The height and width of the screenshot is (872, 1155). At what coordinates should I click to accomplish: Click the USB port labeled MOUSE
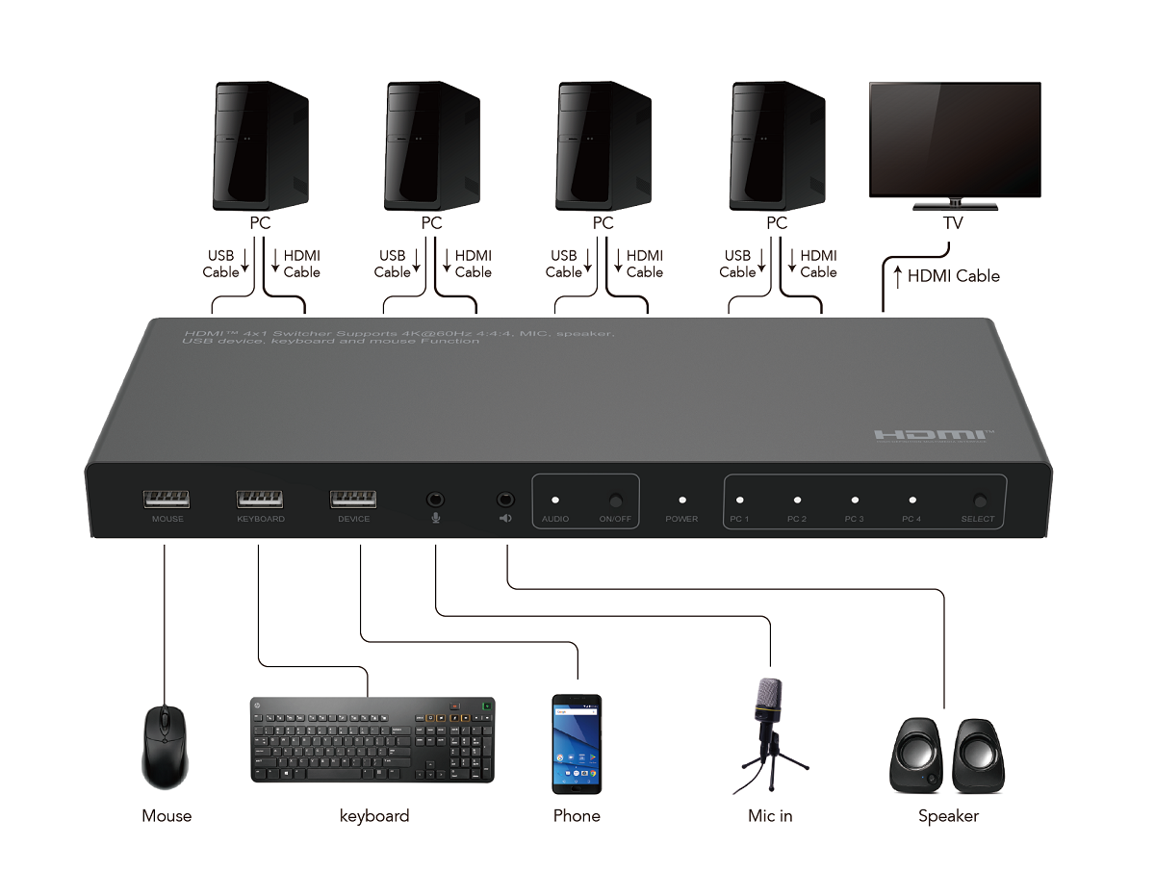click(x=167, y=499)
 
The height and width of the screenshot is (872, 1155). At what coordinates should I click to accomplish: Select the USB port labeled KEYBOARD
click(x=260, y=499)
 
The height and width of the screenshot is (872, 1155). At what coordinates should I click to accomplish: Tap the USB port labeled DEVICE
click(x=353, y=499)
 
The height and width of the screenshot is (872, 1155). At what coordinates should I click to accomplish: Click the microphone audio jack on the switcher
click(x=436, y=500)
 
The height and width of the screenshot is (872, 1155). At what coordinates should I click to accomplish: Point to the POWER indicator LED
click(x=682, y=500)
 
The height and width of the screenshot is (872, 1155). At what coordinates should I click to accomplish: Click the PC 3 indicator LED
click(x=855, y=500)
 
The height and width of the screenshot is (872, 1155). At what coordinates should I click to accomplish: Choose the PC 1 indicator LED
click(x=740, y=500)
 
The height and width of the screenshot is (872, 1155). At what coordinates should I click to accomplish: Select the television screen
click(x=955, y=139)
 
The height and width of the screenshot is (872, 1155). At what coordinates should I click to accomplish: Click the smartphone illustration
click(x=577, y=744)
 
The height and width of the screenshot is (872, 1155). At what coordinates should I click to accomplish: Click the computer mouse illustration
click(x=166, y=746)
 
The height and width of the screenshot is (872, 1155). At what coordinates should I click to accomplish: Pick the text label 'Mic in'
click(x=770, y=816)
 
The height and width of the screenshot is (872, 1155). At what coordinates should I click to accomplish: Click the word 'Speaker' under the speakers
click(x=948, y=816)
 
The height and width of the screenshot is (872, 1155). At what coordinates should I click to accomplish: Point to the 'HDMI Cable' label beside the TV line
click(x=953, y=276)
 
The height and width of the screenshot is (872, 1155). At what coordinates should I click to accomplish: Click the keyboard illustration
click(x=372, y=739)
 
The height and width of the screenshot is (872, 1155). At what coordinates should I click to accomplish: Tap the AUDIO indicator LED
click(x=555, y=500)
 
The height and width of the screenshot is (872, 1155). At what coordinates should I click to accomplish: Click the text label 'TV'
click(x=954, y=223)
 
